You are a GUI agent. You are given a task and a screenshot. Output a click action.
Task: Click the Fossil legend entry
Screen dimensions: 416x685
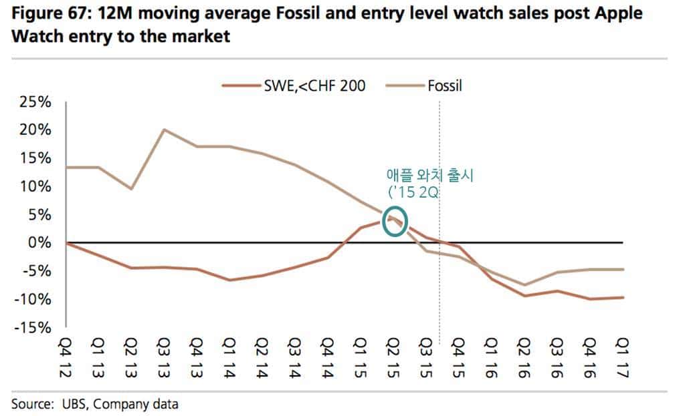click(445, 85)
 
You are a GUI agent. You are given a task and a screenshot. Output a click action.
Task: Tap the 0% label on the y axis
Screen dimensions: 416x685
click(41, 242)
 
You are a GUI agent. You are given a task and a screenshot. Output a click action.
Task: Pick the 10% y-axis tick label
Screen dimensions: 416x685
click(36, 186)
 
